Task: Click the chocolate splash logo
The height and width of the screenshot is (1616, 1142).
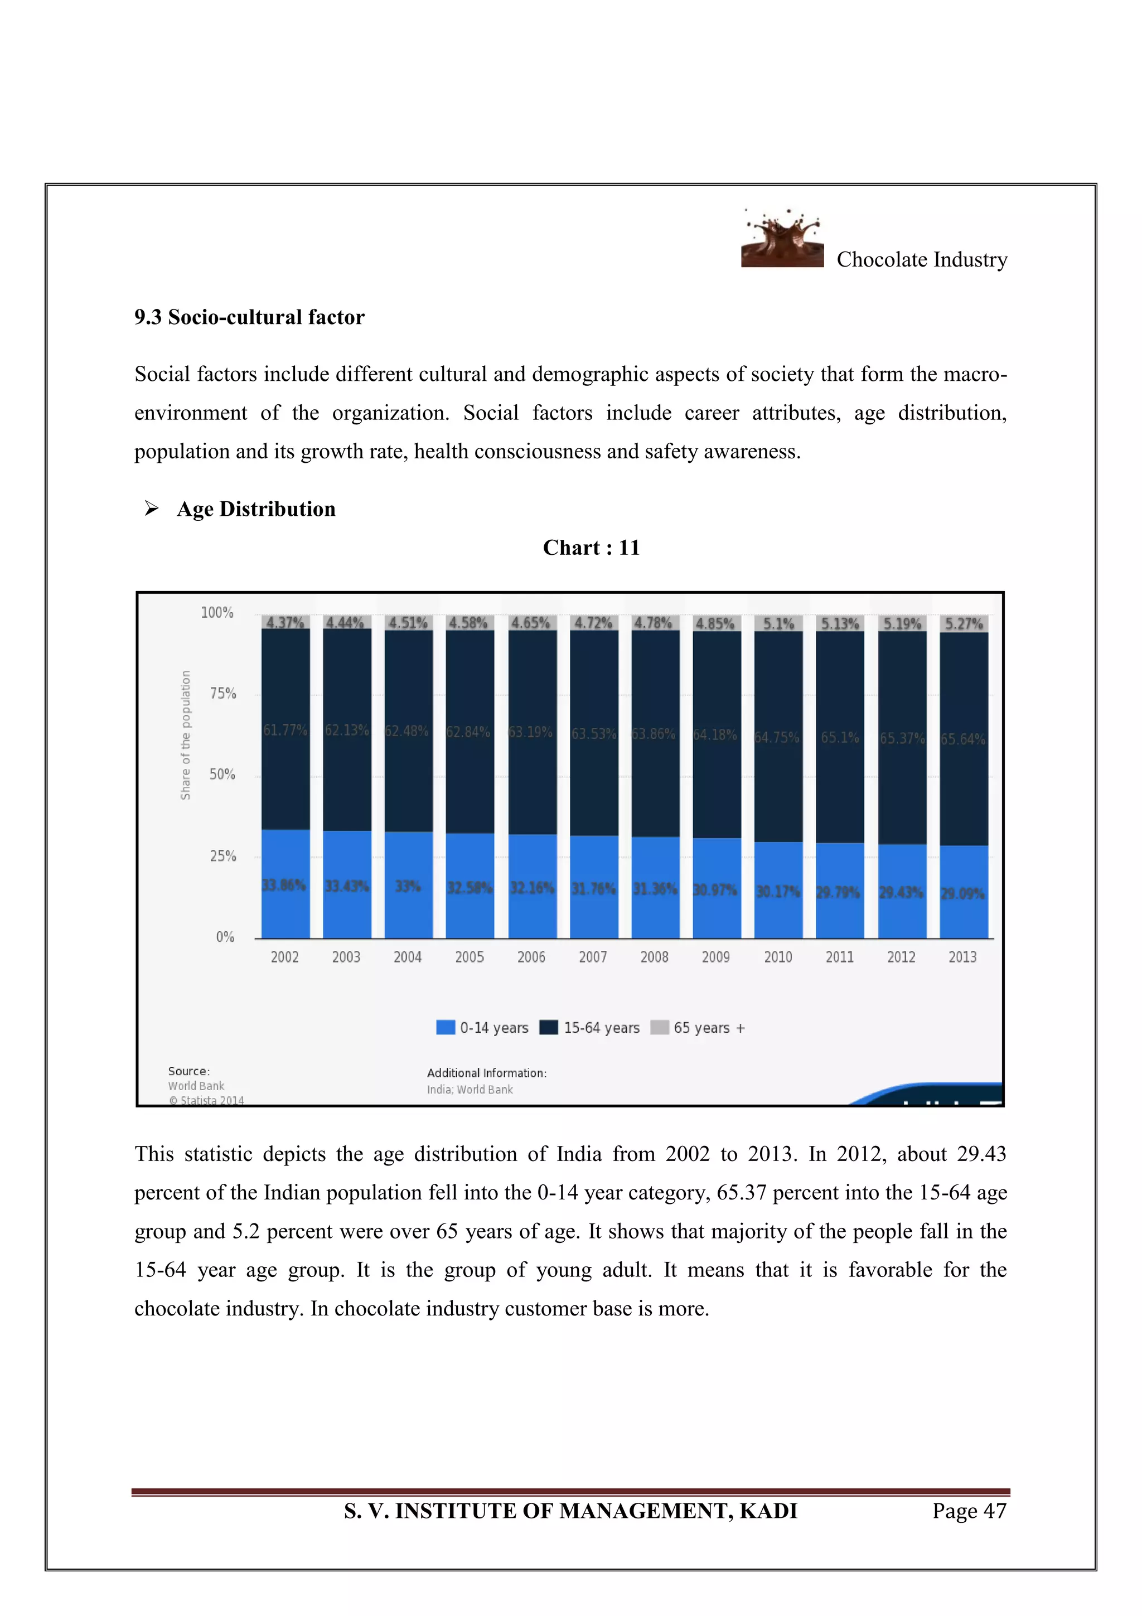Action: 782,239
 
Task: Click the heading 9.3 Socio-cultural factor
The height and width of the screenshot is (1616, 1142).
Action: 249,317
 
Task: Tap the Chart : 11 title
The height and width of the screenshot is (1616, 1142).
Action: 591,548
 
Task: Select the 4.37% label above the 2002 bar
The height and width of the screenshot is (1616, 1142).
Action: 285,622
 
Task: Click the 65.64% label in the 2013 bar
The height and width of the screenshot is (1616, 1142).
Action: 962,739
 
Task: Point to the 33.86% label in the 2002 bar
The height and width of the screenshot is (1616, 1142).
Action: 284,886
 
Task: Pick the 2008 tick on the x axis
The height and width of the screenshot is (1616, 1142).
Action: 655,957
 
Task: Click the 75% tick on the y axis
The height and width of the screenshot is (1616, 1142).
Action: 222,693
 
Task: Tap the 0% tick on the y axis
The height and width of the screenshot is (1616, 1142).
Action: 225,937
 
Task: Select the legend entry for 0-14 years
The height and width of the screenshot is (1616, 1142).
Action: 483,1028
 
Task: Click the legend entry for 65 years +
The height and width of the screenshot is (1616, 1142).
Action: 698,1028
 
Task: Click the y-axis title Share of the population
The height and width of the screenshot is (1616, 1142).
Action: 185,735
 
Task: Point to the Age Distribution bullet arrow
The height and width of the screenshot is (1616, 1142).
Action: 151,508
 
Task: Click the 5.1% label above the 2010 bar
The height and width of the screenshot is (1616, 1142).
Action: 778,623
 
